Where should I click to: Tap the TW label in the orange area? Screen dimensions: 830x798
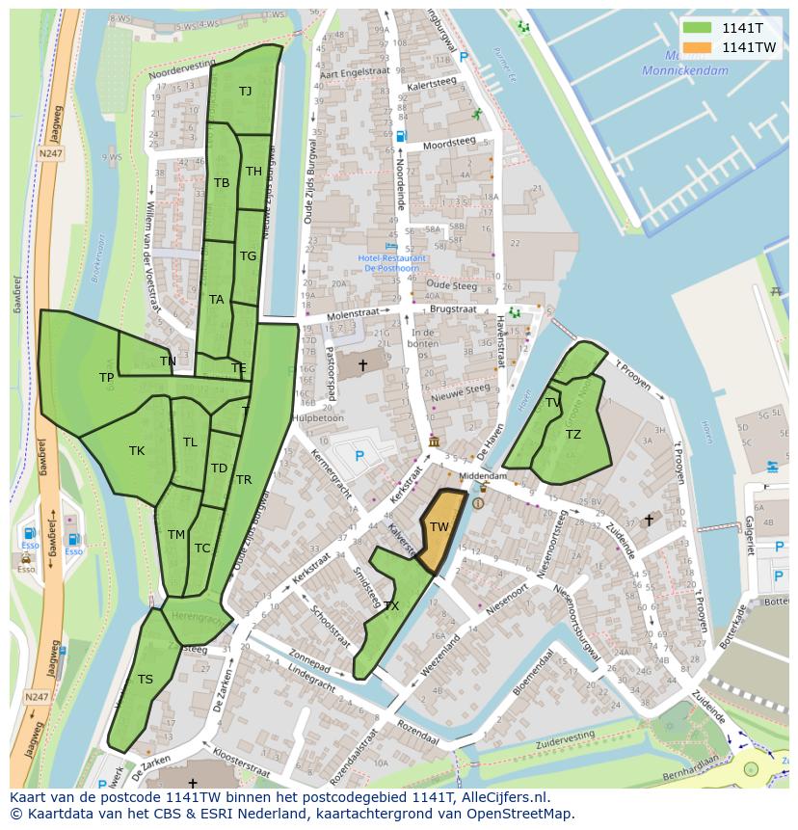[439, 526]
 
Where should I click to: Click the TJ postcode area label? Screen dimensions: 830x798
[246, 91]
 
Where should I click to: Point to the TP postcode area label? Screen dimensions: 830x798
[107, 378]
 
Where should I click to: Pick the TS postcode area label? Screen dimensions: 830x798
[146, 679]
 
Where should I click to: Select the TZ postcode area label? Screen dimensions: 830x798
[573, 435]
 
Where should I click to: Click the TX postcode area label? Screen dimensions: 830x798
[391, 606]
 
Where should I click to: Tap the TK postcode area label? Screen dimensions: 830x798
[137, 450]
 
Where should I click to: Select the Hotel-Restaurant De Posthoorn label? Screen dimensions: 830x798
[391, 263]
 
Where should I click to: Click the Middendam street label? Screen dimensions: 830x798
[483, 476]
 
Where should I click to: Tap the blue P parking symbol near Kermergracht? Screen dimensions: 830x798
[359, 455]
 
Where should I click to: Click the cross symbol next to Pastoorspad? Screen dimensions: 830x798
[363, 364]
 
